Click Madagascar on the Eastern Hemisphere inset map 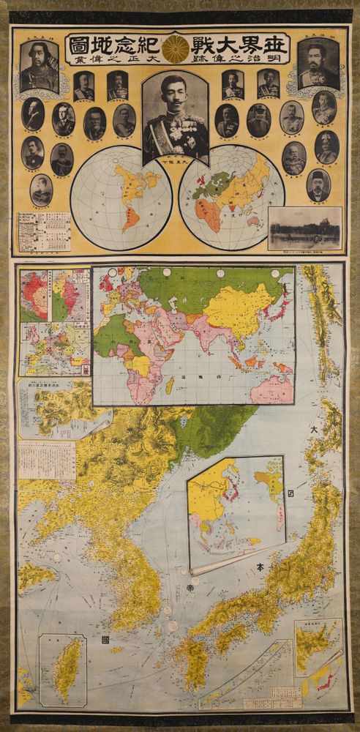tap(169, 384)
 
